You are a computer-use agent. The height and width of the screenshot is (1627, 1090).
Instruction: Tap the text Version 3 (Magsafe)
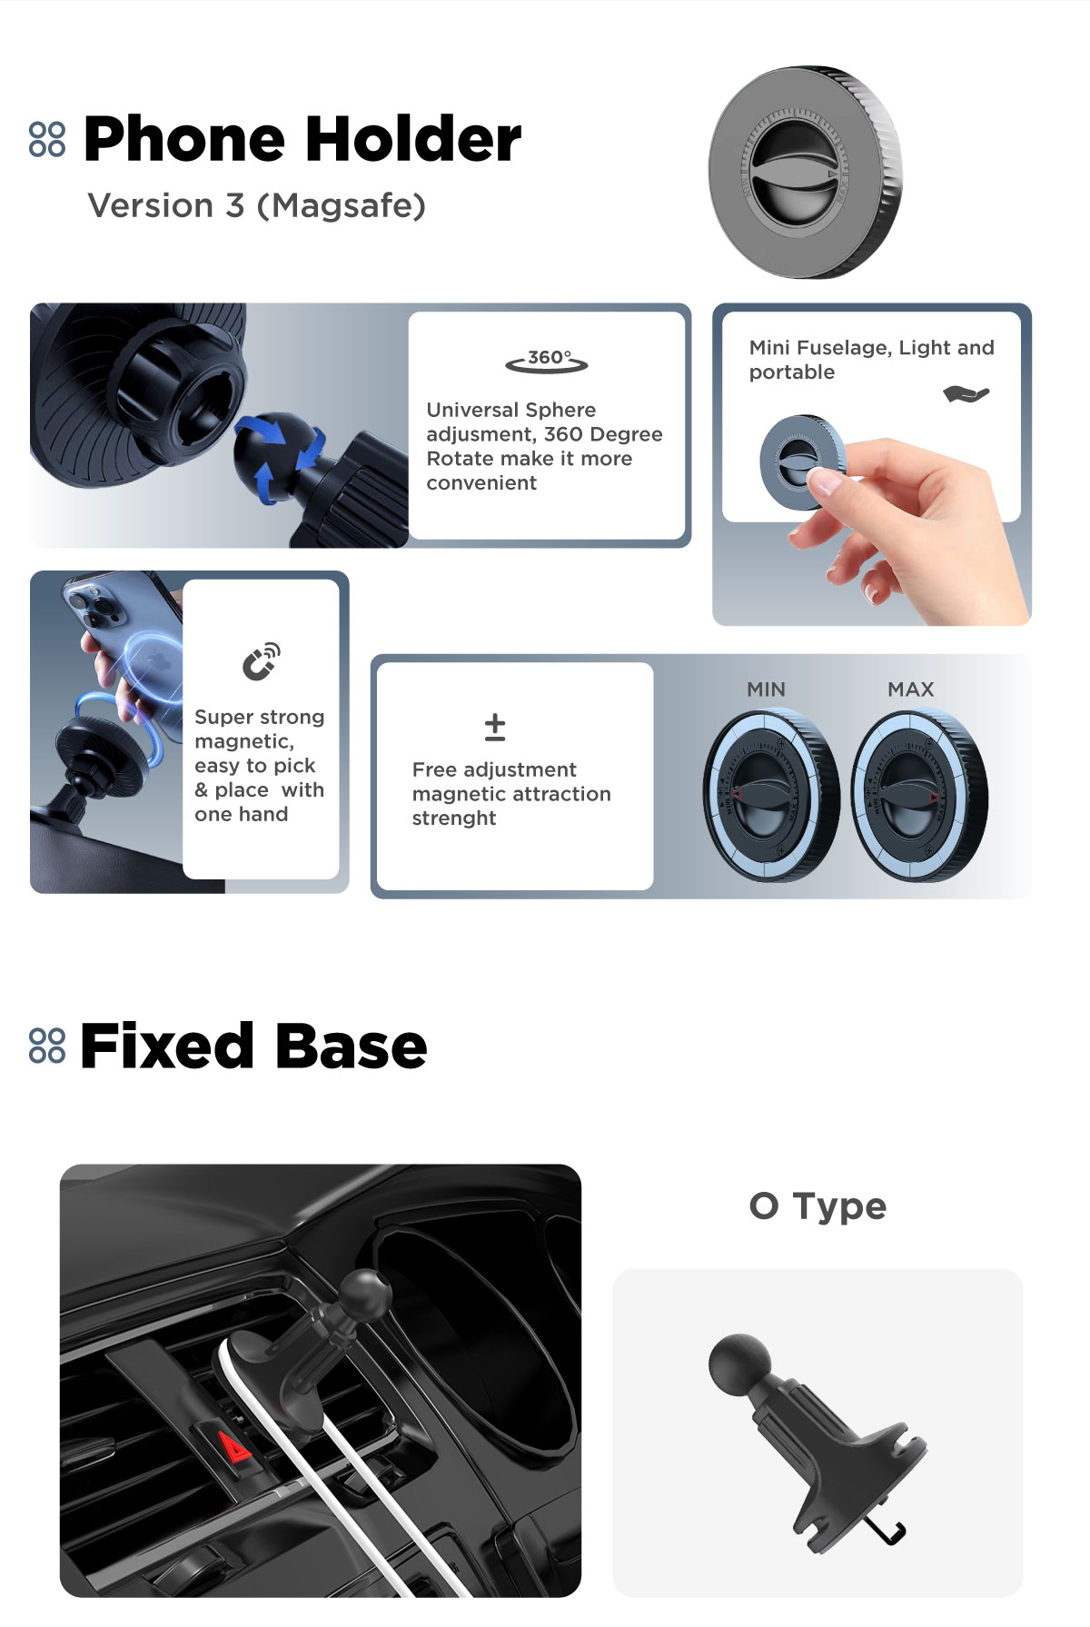pos(257,206)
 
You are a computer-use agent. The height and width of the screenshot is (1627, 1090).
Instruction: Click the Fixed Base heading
pos(253,1046)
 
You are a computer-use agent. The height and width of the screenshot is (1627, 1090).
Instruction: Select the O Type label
pos(817,1206)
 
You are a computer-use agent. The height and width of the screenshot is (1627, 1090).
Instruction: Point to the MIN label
pos(766,689)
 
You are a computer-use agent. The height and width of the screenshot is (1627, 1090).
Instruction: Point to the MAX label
pos(911,689)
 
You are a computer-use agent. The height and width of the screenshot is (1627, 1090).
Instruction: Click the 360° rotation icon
pos(547,361)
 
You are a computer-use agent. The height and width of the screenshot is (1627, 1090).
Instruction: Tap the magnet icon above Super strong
pos(261,661)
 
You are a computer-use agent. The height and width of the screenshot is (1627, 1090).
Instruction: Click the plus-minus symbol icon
pos(495,728)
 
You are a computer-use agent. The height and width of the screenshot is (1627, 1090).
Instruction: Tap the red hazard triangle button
pos(234,1445)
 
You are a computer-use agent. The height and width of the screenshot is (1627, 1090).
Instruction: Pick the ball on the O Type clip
pos(740,1365)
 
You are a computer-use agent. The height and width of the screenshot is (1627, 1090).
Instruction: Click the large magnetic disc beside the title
pos(805,172)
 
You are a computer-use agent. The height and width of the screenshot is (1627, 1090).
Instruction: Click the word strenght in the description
pos(454,818)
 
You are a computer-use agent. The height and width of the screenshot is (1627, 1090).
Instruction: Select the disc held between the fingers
pos(802,463)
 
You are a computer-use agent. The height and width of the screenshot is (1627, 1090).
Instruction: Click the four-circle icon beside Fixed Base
pos(47,1046)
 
